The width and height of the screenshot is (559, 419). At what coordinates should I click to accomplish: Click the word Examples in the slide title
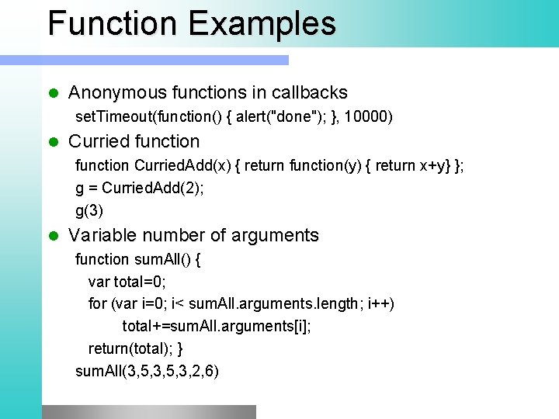coord(262,23)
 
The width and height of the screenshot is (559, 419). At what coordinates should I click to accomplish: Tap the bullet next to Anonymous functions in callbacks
coord(53,93)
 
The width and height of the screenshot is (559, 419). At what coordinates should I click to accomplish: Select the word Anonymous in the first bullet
coord(116,93)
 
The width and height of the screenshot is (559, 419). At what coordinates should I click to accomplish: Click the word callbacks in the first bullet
coord(309,93)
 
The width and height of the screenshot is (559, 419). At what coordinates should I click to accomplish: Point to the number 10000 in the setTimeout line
coord(369,117)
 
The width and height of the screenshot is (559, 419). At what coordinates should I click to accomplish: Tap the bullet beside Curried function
coord(53,142)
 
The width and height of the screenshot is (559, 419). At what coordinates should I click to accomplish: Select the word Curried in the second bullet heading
coord(97,142)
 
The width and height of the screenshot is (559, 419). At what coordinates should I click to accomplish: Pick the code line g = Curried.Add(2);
coord(140,188)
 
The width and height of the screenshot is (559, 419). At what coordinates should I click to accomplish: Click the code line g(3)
coord(89,210)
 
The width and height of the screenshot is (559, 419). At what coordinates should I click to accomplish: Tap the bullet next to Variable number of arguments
coord(53,236)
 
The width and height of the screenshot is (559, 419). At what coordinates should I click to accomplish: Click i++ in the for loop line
coord(380,303)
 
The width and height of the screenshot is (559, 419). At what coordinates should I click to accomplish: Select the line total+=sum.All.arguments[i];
coord(217,326)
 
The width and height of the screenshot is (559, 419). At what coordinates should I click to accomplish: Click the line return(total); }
coord(135,348)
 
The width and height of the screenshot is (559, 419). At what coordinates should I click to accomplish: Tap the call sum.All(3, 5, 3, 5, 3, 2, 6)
coord(147,372)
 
